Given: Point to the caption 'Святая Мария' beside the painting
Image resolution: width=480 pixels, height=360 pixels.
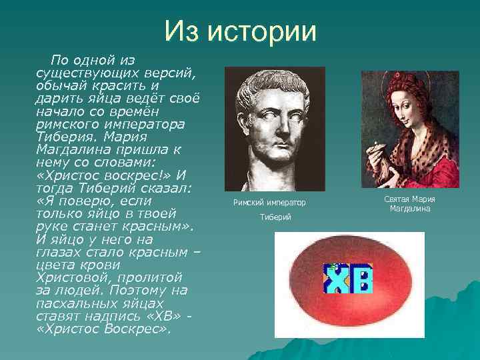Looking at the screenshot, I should pyautogui.click(x=410, y=199).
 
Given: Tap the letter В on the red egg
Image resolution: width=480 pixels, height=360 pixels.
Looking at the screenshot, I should pyautogui.click(x=361, y=280).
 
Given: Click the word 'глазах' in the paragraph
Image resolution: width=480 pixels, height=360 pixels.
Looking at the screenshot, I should pyautogui.click(x=59, y=252).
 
